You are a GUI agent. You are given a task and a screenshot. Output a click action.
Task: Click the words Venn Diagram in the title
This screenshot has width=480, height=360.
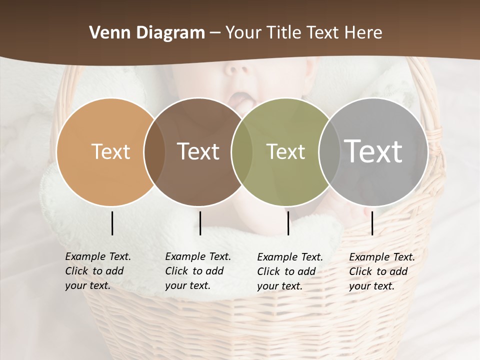pos(147,33)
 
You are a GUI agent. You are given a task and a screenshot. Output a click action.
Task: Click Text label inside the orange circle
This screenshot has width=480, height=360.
pos(110,151)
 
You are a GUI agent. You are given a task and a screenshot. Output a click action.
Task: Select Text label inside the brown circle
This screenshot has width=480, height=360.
pos(198,151)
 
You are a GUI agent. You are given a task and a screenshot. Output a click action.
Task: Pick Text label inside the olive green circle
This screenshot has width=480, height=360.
pos(285,151)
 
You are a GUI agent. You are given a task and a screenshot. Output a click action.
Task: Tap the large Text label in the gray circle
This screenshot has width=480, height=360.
pos(373,151)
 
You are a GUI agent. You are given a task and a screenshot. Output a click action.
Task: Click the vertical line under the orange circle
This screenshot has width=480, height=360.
pos(112,223)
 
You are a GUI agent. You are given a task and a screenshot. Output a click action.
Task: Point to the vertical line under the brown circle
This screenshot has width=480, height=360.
pos(200,223)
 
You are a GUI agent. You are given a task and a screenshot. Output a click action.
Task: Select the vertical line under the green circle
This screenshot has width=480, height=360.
pos(288,223)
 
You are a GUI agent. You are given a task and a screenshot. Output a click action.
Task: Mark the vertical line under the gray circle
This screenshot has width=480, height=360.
pos(372,223)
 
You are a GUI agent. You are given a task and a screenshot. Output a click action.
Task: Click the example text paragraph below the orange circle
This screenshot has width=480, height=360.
pos(98,271)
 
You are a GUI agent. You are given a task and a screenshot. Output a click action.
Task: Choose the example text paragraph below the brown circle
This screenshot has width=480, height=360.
pos(198,271)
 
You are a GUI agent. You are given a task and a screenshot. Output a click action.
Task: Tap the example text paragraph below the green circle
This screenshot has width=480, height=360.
pos(290,271)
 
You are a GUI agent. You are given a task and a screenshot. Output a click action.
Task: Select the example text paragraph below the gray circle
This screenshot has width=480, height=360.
pos(382,271)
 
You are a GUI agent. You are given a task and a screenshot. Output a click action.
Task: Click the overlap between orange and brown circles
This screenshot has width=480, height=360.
pos(154,151)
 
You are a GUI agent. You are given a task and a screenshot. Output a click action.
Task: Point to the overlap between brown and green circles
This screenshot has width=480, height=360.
pos(241,151)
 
